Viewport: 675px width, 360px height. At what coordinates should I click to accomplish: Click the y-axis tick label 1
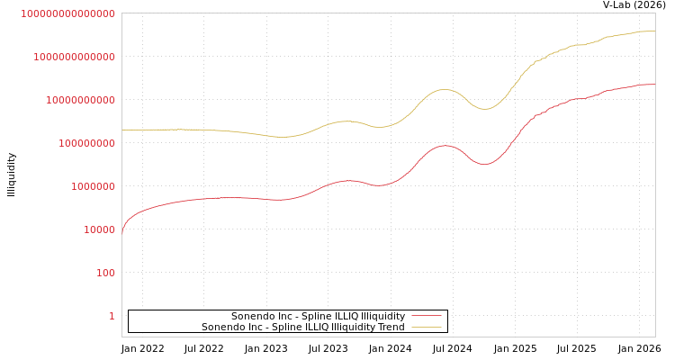[x=112, y=316]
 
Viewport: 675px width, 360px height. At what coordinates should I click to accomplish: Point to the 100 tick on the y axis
[x=105, y=273]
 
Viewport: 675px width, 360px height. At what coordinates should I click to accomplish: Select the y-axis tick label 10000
[x=99, y=229]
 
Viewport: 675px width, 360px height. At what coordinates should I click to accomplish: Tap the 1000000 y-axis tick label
[x=93, y=186]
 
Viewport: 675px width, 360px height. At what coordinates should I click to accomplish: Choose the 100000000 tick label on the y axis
[x=86, y=143]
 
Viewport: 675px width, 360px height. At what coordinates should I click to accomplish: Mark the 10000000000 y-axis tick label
[x=80, y=100]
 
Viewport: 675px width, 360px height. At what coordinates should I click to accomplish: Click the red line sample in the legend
[x=426, y=316]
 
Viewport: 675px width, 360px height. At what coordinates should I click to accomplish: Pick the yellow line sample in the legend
[x=426, y=327]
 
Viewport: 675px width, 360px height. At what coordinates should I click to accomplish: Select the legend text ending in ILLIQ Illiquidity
[x=318, y=316]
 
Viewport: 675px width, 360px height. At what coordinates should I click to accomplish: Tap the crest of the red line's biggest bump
[x=444, y=145]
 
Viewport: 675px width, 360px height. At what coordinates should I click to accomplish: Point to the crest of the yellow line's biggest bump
[x=443, y=89]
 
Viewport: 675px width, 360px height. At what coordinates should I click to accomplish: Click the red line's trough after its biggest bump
[x=484, y=164]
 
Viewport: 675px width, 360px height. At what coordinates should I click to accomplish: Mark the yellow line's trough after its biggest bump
[x=484, y=109]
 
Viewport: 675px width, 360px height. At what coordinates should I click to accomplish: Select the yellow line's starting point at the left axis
[x=122, y=130]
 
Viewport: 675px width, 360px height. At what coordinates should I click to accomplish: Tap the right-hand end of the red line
[x=654, y=84]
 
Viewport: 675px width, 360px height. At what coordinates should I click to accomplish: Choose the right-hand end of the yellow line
[x=654, y=31]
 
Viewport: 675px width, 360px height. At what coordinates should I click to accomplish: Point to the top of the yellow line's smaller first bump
[x=346, y=121]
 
